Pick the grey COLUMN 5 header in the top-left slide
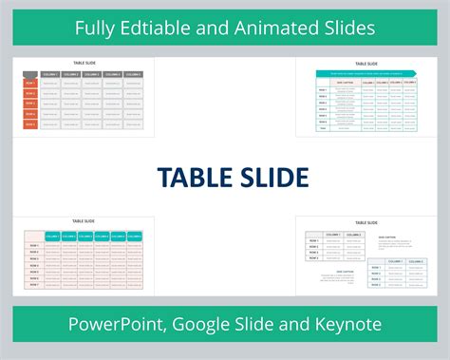coord(134,73)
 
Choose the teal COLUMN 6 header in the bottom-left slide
coord(134,236)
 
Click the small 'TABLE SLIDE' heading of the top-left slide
coord(84,63)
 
